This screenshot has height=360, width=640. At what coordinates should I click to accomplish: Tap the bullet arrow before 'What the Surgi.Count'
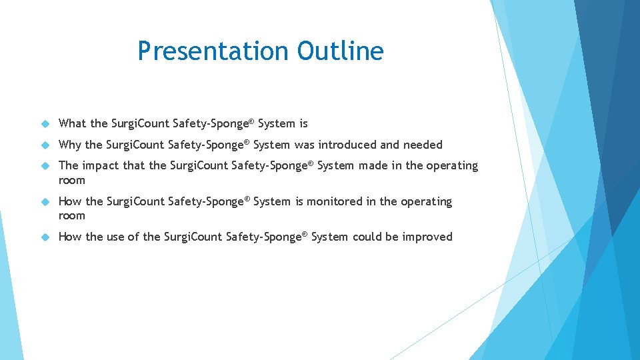pyautogui.click(x=45, y=124)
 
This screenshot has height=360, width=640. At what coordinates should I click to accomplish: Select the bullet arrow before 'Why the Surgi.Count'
pyautogui.click(x=45, y=145)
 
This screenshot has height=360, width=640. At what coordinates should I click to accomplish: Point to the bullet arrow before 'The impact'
pyautogui.click(x=45, y=166)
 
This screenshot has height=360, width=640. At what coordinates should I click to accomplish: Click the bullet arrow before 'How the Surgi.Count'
pyautogui.click(x=45, y=202)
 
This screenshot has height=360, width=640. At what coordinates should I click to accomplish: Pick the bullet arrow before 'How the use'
pyautogui.click(x=45, y=237)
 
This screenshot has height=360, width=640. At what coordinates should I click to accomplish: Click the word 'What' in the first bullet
pyautogui.click(x=73, y=123)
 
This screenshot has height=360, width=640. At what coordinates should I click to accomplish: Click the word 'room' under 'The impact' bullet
pyautogui.click(x=72, y=180)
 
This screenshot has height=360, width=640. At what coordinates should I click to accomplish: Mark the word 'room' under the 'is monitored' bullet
pyautogui.click(x=72, y=216)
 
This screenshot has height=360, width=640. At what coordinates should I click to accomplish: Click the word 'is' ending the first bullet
pyautogui.click(x=303, y=123)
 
